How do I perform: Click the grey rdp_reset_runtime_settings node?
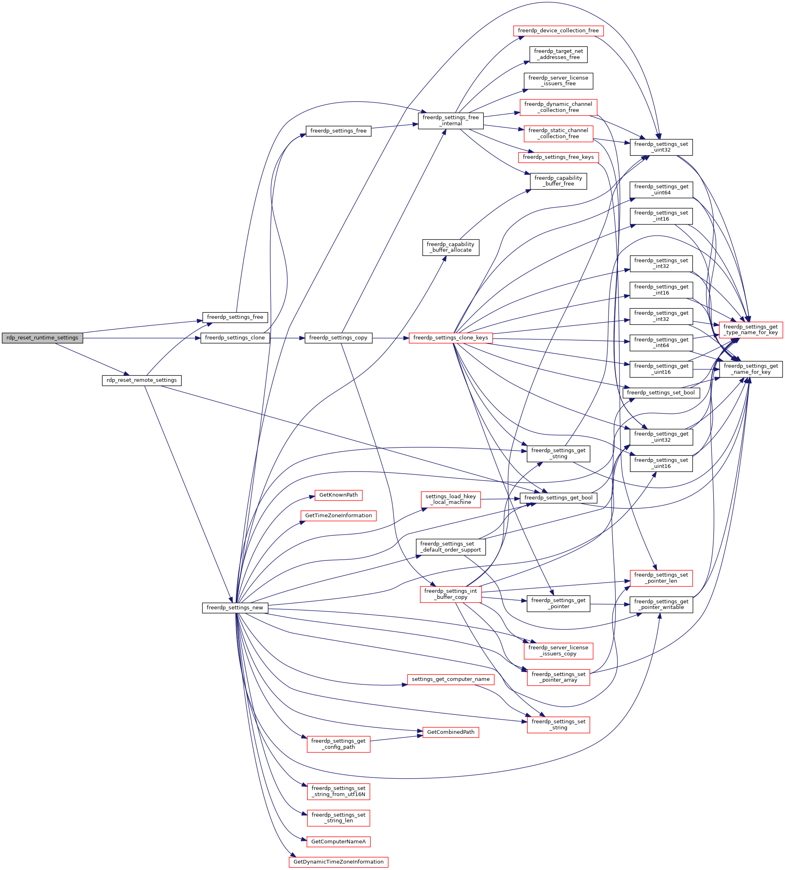(x=42, y=338)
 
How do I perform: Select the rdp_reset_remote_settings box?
(x=141, y=380)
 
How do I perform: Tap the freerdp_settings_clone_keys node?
(x=450, y=338)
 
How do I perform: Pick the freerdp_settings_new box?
(x=235, y=608)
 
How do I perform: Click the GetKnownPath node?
(x=338, y=495)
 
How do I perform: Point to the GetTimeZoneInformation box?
(x=338, y=516)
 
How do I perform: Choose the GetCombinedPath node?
(x=450, y=732)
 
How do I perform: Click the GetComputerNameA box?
(x=338, y=842)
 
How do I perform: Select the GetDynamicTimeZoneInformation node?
(x=338, y=862)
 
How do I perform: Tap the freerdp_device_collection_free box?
(x=558, y=31)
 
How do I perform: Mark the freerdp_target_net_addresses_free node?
(x=558, y=55)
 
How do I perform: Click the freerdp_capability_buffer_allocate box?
(x=450, y=247)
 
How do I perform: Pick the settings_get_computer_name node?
(x=450, y=679)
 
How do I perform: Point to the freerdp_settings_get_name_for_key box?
(x=751, y=369)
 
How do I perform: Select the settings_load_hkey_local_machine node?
(x=450, y=499)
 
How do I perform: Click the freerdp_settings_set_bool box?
(x=661, y=393)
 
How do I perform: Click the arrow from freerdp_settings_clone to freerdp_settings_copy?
(x=287, y=338)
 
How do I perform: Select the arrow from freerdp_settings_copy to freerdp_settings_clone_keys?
(x=390, y=338)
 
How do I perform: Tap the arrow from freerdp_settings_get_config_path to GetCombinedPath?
(x=397, y=738)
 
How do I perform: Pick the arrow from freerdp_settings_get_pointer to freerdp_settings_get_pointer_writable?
(x=610, y=604)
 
